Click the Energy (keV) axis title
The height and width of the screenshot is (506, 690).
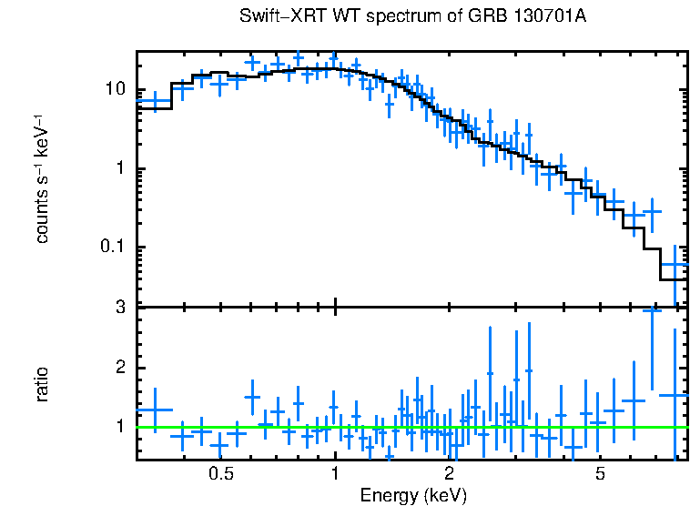coord(413,496)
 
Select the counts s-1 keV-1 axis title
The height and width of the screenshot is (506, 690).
coord(42,178)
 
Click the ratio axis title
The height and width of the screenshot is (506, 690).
coord(42,384)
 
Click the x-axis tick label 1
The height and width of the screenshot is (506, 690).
coord(335,474)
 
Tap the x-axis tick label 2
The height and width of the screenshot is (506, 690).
coord(450,474)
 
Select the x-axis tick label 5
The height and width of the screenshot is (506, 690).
coord(601,474)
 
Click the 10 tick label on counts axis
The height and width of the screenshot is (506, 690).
coord(115,89)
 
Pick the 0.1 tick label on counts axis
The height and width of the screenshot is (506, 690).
coord(112,248)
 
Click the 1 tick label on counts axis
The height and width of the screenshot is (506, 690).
coord(120,169)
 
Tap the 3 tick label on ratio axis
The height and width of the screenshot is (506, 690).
coord(120,308)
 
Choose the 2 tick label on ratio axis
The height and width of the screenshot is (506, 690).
coord(120,368)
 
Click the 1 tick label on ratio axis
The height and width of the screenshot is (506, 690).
coord(120,427)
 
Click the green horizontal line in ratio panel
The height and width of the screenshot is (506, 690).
coord(410,427)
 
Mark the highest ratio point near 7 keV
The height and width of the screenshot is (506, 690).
coord(652,310)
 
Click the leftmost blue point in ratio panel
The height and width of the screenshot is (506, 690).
coord(155,410)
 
